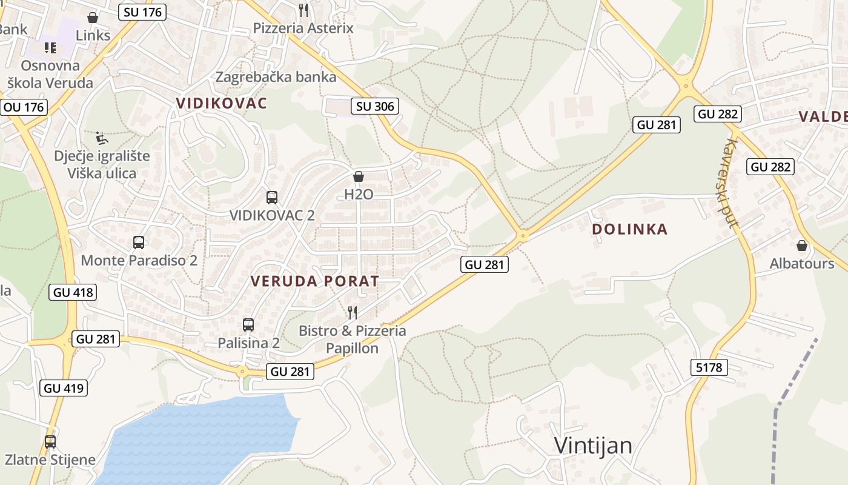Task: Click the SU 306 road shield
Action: tap(374, 107)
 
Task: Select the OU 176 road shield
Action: tap(24, 107)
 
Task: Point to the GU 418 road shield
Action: tap(73, 292)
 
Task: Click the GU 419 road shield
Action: tap(64, 388)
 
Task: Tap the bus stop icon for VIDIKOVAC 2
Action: tap(272, 197)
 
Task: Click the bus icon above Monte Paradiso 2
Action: tap(139, 242)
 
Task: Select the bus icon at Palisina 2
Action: tap(248, 325)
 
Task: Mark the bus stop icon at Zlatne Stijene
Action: tap(50, 442)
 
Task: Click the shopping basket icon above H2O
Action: tap(359, 176)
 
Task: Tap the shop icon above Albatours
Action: tap(802, 246)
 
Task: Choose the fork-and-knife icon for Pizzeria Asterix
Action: tap(303, 10)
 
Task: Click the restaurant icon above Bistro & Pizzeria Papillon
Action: tap(353, 313)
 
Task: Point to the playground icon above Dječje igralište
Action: tap(102, 138)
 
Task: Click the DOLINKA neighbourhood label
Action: tap(630, 229)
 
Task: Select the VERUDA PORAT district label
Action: tap(315, 281)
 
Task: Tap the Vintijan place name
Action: tap(593, 446)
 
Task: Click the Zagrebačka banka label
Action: tap(276, 77)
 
